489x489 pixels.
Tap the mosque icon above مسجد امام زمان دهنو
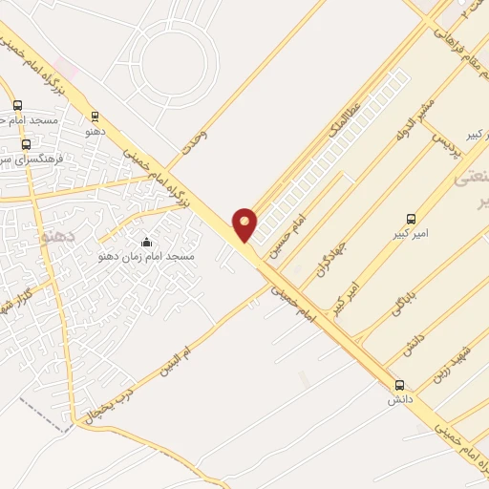[x=146, y=242]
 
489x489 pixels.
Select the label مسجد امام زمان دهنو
[x=146, y=257]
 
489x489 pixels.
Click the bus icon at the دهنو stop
[x=95, y=117]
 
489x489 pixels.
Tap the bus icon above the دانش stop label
[x=398, y=385]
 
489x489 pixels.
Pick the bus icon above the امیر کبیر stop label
[x=412, y=218]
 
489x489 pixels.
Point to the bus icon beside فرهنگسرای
[x=26, y=145]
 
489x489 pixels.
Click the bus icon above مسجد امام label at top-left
[x=17, y=106]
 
